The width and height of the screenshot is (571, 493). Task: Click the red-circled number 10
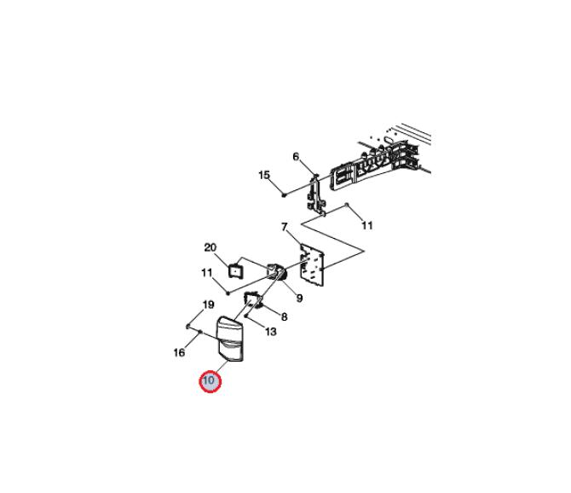click(x=210, y=380)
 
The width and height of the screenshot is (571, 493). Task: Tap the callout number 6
click(x=296, y=157)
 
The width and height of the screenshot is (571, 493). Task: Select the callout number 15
click(x=264, y=175)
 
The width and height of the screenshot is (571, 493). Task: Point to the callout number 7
click(x=285, y=227)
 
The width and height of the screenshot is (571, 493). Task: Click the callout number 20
click(x=211, y=247)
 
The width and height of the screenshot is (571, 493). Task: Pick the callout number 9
click(x=299, y=299)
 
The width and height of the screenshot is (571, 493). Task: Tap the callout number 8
click(x=284, y=316)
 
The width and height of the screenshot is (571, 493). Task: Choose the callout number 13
click(x=270, y=332)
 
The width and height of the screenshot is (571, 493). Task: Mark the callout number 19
click(x=208, y=304)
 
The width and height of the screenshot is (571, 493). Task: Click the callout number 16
click(x=179, y=352)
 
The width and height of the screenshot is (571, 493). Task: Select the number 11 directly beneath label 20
click(x=207, y=273)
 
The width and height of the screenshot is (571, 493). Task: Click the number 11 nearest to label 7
click(x=367, y=225)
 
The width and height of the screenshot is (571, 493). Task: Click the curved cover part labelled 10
click(x=230, y=339)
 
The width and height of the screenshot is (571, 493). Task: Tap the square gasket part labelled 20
click(x=235, y=270)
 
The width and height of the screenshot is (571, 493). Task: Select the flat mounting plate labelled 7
click(x=312, y=264)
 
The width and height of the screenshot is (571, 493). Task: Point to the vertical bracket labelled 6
click(x=316, y=195)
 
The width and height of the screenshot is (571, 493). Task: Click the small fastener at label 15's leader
click(x=284, y=195)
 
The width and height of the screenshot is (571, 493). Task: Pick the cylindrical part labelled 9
click(x=278, y=273)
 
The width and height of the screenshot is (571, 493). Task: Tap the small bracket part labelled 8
click(x=254, y=299)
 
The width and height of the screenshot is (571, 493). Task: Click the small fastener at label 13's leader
click(x=246, y=316)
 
